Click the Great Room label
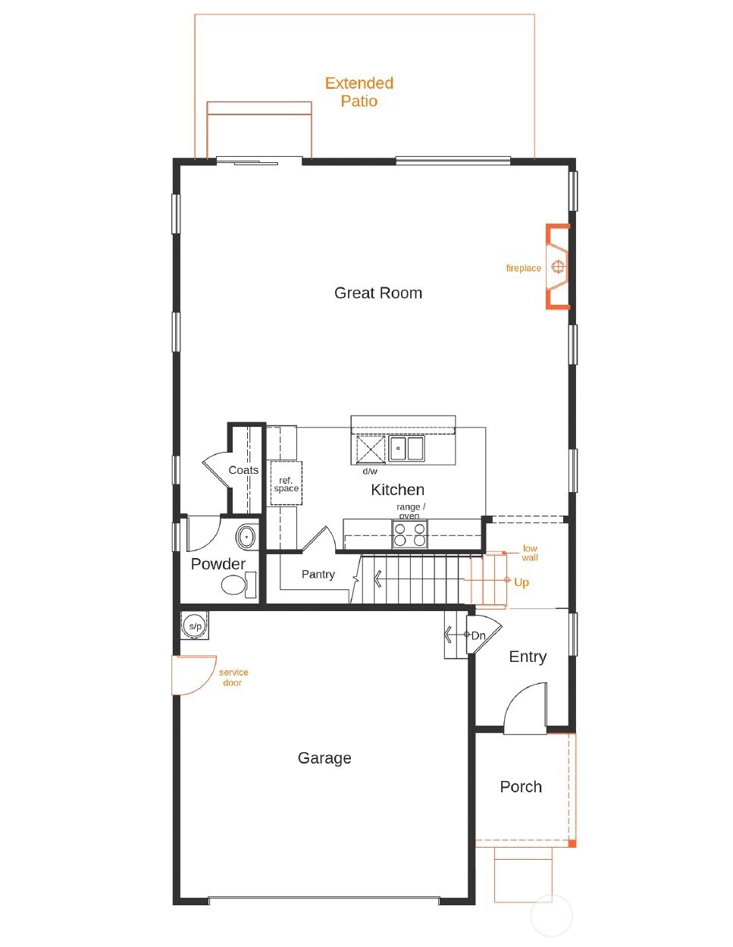coord(377,293)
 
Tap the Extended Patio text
coord(359,92)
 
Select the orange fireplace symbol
coord(557,266)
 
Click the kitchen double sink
coord(406,448)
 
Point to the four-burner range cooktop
coord(409,534)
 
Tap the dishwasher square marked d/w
coord(371,450)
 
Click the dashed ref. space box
coord(286,484)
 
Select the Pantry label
coord(318,574)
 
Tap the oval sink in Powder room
coord(246,537)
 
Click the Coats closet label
coord(243,470)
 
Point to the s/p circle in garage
coord(195,626)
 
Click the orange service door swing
coord(194,675)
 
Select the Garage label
coord(324,757)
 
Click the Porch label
coord(521,786)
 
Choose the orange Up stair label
coord(521,582)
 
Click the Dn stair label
coord(478,635)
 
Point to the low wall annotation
coord(529,553)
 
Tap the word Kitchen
coord(397,490)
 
